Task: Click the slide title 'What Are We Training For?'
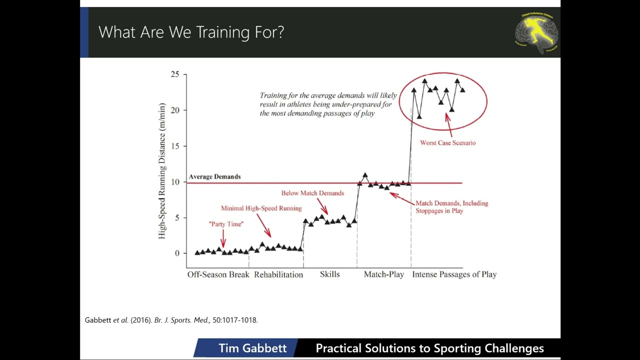pos(191,32)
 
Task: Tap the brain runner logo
pos(536,32)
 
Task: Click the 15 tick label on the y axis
pos(174,146)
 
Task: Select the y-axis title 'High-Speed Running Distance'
pos(162,171)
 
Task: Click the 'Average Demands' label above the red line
pos(214,176)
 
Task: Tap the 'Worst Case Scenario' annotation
pos(447,143)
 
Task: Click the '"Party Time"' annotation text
pos(226,224)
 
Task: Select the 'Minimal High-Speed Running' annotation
pos(261,208)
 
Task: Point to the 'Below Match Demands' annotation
pos(312,193)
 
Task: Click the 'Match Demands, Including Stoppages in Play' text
pos(451,207)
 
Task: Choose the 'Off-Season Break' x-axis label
pos(218,274)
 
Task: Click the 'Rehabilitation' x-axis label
pos(278,274)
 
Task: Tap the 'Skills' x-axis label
pos(329,274)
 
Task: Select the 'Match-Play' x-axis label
pos(383,274)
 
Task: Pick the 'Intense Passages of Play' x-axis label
pos(454,274)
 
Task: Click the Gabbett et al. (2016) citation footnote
pos(171,320)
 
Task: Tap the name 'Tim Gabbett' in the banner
pos(252,348)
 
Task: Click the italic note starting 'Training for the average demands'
pos(328,104)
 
